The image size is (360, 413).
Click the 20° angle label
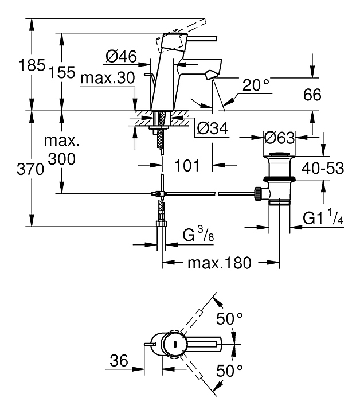[x=256, y=85]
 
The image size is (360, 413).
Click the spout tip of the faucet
[x=211, y=73]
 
